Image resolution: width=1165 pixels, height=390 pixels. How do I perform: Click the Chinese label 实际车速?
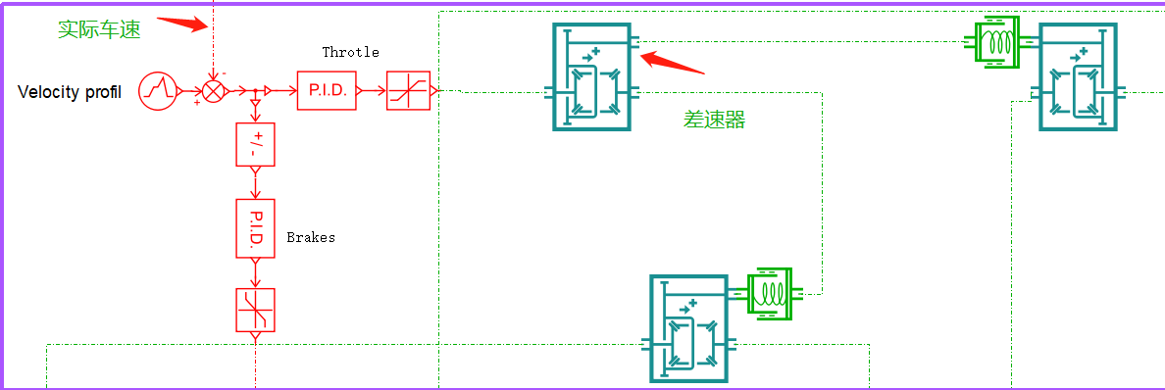pos(99,29)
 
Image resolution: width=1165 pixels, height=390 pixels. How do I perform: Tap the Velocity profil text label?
pos(70,92)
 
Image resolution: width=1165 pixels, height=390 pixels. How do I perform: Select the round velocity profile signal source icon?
pos(157,91)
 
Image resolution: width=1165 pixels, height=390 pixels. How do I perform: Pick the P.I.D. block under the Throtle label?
pos(327,90)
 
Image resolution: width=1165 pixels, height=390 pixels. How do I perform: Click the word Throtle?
pos(350,52)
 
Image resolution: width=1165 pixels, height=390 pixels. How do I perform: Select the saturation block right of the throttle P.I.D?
pos(407,90)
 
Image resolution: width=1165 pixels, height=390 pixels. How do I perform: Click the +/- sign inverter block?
pos(256,145)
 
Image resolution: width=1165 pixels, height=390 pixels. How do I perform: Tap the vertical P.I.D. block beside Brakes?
pos(256,228)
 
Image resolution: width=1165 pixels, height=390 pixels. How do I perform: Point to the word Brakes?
pos(311,237)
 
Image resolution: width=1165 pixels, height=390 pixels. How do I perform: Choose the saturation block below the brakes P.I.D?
pos(256,310)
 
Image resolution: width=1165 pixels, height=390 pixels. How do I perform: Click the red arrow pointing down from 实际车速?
pos(182,24)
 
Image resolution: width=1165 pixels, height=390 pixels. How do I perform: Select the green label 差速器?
pos(715,120)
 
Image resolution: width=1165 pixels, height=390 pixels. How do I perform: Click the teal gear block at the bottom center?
pos(689,328)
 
